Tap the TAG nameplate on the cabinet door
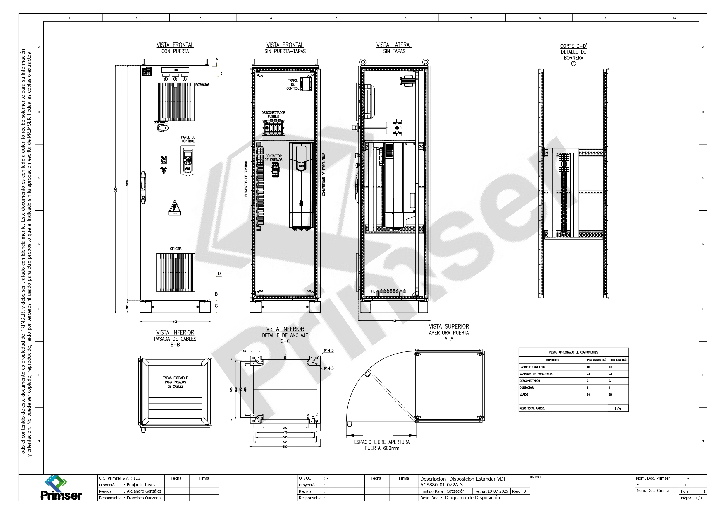pyautogui.click(x=175, y=70)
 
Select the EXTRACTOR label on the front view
pyautogui.click(x=202, y=85)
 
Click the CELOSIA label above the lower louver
pyautogui.click(x=176, y=249)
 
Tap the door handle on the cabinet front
pyautogui.click(x=143, y=187)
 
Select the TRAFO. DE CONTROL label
pyautogui.click(x=293, y=85)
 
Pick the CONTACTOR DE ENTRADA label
pyautogui.click(x=273, y=158)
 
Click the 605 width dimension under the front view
pyautogui.click(x=175, y=322)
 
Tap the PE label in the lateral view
pyautogui.click(x=373, y=291)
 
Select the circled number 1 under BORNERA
pyautogui.click(x=574, y=63)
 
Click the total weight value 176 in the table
pyautogui.click(x=618, y=409)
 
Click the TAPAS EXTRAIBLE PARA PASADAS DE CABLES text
pyautogui.click(x=176, y=382)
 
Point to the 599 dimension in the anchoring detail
pyautogui.click(x=285, y=447)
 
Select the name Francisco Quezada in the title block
pyautogui.click(x=144, y=498)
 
